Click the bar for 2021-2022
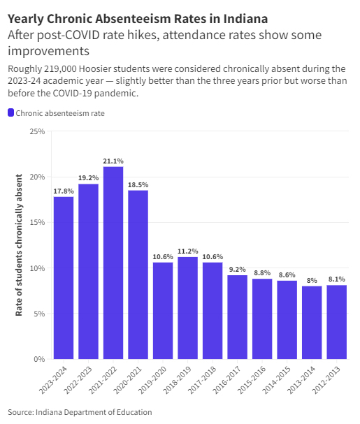(113, 263)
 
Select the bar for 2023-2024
(64, 277)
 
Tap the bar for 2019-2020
(163, 310)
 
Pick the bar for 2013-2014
(312, 322)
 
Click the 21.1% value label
(113, 160)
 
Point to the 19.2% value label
(88, 177)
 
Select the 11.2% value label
(187, 251)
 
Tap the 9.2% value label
(237, 269)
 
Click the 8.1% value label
(336, 279)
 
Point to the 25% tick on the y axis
(37, 131)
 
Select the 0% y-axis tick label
(39, 359)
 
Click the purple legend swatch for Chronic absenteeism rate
(10, 113)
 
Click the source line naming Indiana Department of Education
(80, 411)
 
